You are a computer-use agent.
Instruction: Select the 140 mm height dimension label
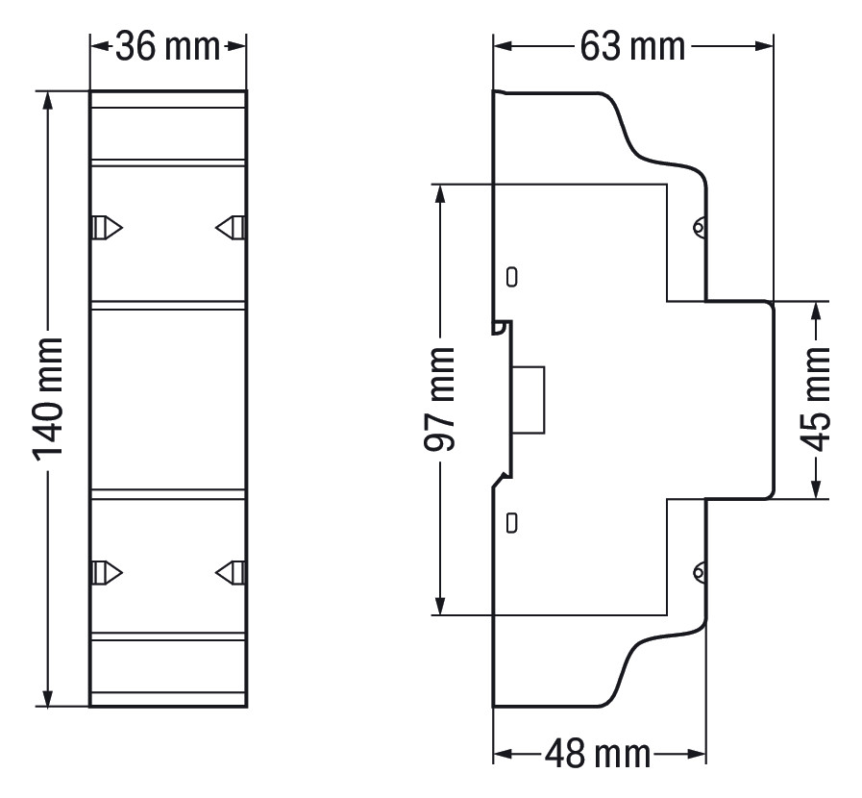click(48, 398)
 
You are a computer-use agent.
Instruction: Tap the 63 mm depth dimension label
click(632, 46)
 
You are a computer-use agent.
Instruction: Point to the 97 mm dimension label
click(439, 398)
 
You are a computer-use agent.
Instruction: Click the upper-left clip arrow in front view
click(108, 228)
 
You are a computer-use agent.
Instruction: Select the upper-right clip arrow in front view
click(229, 228)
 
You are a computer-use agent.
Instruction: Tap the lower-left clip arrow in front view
click(108, 572)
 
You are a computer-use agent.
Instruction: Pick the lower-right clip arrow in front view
click(229, 572)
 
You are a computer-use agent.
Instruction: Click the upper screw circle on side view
click(700, 228)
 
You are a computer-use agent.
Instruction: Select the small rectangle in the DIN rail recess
click(530, 399)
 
